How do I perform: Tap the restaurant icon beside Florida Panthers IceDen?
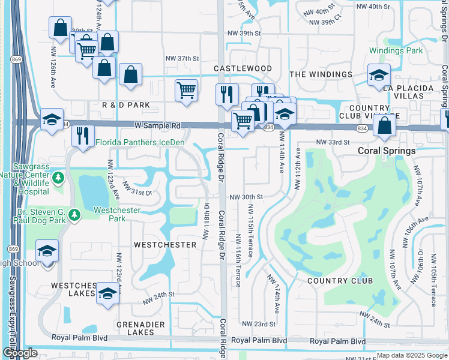pyautogui.click(x=83, y=136)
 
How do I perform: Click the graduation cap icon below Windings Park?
pyautogui.click(x=379, y=75)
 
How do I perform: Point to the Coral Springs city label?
pyautogui.click(x=387, y=151)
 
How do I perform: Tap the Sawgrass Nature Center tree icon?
pyautogui.click(x=58, y=177)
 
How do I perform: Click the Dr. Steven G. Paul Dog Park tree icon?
pyautogui.click(x=73, y=214)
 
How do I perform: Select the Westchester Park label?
pyautogui.click(x=117, y=214)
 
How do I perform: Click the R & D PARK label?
pyautogui.click(x=125, y=105)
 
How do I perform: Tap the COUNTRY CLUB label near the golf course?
pyautogui.click(x=340, y=281)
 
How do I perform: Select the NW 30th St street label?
pyautogui.click(x=246, y=197)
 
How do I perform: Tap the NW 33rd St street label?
pyautogui.click(x=333, y=142)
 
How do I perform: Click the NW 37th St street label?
pyautogui.click(x=182, y=58)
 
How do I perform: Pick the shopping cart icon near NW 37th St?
pyautogui.click(x=186, y=91)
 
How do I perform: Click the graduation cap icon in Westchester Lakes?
pyautogui.click(x=107, y=293)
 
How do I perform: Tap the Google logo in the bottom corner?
pyautogui.click(x=20, y=353)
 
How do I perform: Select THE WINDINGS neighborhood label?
pyautogui.click(x=321, y=74)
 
